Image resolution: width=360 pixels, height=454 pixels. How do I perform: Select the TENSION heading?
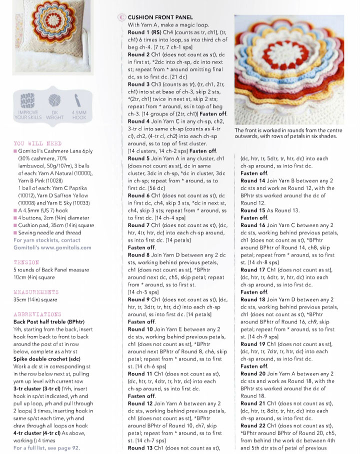[26, 261]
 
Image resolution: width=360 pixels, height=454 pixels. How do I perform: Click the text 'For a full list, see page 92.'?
[46, 447]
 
